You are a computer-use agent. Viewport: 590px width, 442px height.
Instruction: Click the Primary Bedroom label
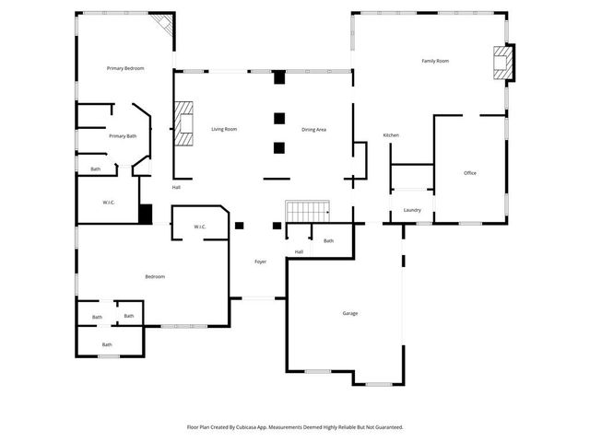point(125,68)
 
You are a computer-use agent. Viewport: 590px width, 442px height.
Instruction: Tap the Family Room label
point(435,61)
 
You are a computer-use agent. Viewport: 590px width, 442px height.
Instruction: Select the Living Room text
point(224,129)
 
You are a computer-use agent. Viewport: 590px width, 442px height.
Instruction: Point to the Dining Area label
point(313,129)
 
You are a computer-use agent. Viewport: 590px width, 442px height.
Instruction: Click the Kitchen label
point(391,135)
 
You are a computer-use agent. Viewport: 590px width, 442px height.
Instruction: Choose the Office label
point(470,173)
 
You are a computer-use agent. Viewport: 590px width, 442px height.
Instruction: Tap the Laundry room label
point(412,210)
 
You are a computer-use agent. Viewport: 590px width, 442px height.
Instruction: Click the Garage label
point(350,313)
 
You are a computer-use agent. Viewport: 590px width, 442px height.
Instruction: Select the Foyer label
point(261,262)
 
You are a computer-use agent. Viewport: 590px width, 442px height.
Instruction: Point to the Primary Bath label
point(123,136)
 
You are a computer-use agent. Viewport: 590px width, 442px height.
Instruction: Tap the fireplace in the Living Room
point(184,124)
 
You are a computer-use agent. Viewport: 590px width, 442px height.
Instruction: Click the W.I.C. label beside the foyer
point(200,227)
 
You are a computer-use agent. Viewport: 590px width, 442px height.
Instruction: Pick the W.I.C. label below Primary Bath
point(108,203)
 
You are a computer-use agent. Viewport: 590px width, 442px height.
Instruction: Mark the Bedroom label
point(154,276)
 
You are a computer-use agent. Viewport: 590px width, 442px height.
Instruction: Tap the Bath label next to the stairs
point(328,240)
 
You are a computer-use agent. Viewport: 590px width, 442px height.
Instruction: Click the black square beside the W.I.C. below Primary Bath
point(145,214)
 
